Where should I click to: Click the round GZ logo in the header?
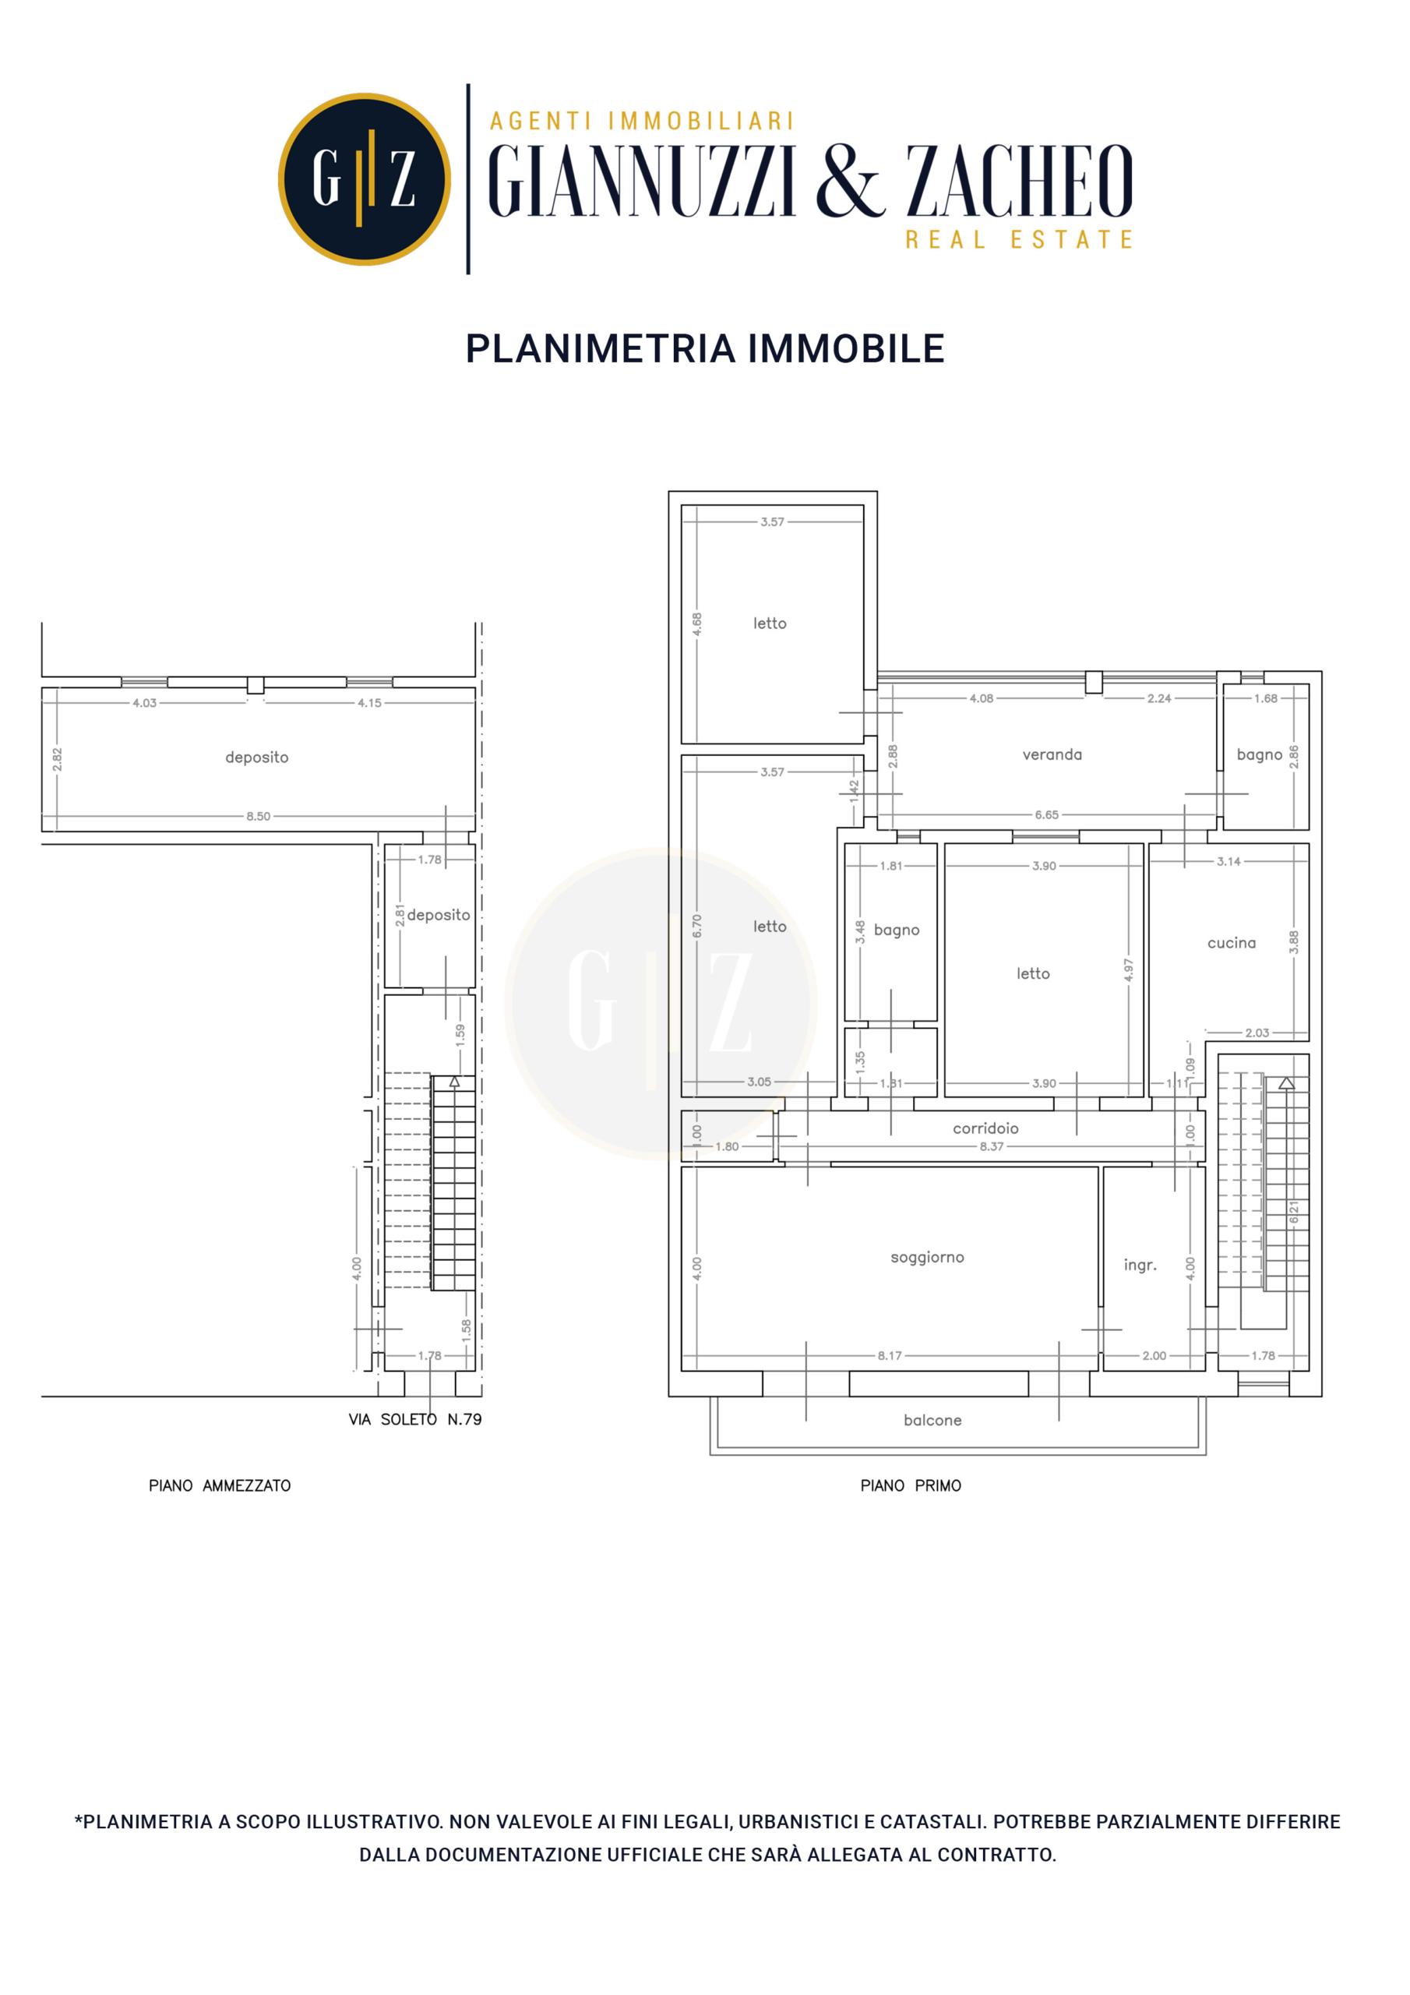tap(365, 179)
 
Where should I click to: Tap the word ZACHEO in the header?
tap(1020, 181)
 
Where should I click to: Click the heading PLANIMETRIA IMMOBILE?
tap(704, 348)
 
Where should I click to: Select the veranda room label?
tap(1052, 754)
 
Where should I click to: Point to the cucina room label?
tap(1231, 943)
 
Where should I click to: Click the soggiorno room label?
tap(927, 1257)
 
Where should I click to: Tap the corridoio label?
tap(985, 1128)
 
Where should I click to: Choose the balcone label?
tap(932, 1420)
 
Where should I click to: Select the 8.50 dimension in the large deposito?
tap(258, 817)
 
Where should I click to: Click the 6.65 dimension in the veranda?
tap(1047, 815)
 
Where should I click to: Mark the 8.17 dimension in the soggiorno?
tap(890, 1355)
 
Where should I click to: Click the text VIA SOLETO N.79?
tap(415, 1420)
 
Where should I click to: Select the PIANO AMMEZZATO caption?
tap(220, 1486)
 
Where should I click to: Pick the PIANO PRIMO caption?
tap(911, 1486)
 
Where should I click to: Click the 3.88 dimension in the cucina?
tap(1294, 943)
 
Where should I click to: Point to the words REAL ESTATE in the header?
tap(1019, 239)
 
